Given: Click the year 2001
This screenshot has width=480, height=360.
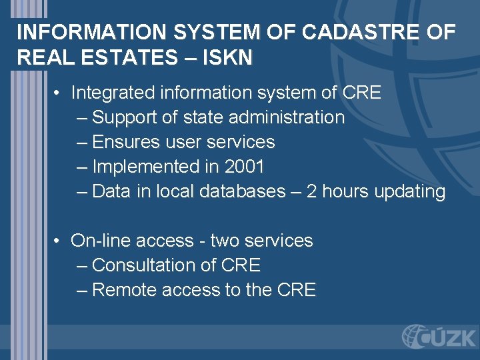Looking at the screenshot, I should [x=244, y=167].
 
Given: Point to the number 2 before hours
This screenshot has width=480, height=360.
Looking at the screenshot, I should [x=311, y=191].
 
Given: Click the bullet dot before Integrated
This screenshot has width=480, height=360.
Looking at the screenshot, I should [x=59, y=93].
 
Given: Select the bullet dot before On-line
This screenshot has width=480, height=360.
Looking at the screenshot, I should [x=59, y=241].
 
